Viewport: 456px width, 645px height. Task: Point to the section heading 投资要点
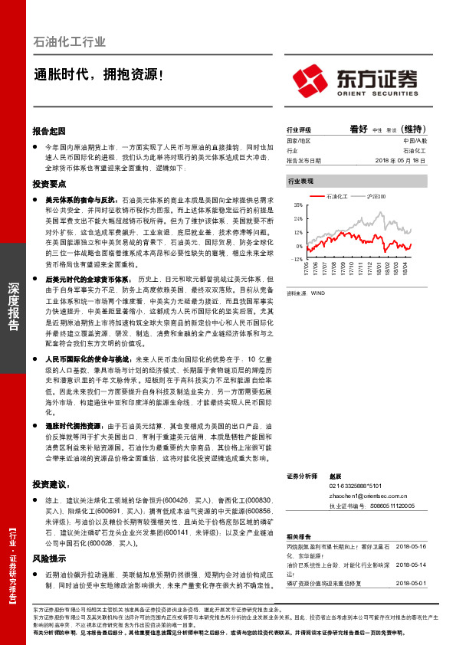click(x=50, y=185)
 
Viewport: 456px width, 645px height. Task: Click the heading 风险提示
click(x=50, y=558)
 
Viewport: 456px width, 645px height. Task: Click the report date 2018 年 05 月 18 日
click(x=402, y=161)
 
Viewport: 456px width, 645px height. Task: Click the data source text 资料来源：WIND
click(x=306, y=292)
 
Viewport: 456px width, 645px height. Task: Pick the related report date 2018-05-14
click(x=411, y=565)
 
